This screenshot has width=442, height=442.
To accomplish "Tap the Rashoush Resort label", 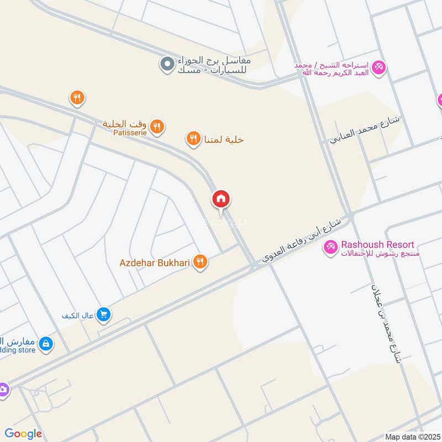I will [x=377, y=244].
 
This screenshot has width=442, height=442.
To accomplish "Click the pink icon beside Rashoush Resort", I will [x=330, y=248].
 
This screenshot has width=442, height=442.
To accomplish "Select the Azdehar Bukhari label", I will [x=155, y=263].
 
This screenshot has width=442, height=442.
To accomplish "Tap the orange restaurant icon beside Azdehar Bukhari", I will [x=201, y=263].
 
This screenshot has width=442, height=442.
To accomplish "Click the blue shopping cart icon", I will [x=103, y=315].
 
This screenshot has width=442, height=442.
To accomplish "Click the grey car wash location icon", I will [x=166, y=65].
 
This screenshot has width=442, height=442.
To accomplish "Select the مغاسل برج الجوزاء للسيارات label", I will [x=214, y=65].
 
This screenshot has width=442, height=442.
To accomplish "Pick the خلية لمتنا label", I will [x=224, y=139].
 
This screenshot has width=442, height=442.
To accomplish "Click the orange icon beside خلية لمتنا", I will [x=193, y=139].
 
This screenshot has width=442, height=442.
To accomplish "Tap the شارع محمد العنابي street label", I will [x=367, y=130].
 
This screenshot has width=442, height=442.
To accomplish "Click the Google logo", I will [x=23, y=434].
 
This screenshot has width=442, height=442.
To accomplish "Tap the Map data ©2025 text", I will [x=412, y=436].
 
